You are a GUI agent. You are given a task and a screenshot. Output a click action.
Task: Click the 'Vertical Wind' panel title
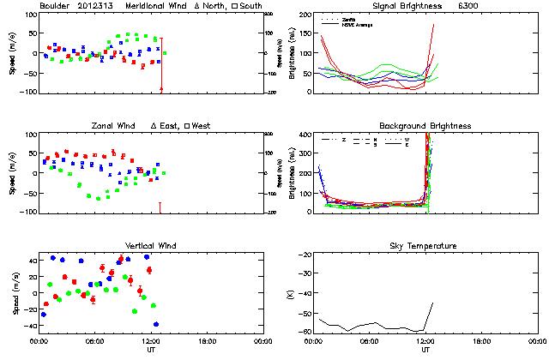pos(151,246)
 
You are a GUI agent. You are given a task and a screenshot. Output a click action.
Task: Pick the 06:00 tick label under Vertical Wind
pos(94,342)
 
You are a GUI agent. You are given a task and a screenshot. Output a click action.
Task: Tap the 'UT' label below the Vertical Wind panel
pos(151,351)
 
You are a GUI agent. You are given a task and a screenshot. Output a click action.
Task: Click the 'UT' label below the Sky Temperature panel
pos(425,351)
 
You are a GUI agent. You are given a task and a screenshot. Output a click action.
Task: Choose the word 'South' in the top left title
pos(250,6)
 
